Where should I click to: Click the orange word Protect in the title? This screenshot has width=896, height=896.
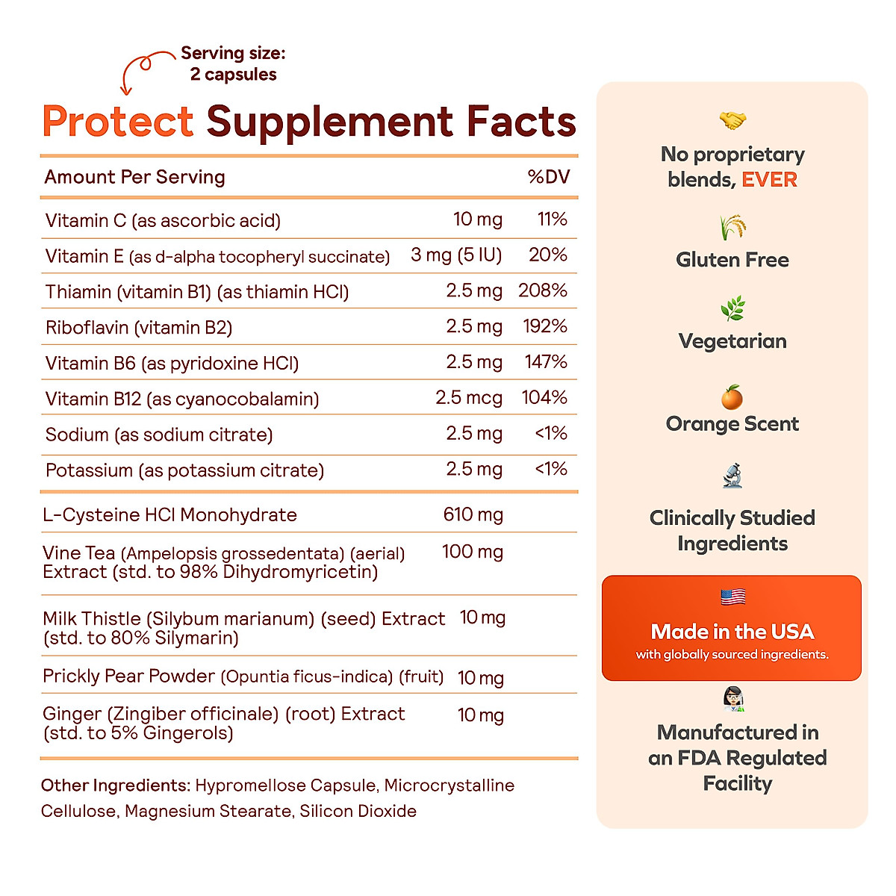click(118, 122)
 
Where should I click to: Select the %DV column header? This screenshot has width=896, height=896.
click(548, 177)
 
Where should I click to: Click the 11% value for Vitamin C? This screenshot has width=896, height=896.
click(552, 220)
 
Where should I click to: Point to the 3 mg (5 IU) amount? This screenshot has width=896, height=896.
click(455, 255)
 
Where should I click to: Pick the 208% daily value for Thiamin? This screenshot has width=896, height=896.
click(542, 290)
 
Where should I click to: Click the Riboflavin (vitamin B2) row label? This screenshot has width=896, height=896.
click(139, 327)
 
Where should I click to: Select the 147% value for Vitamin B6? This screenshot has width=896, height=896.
click(545, 362)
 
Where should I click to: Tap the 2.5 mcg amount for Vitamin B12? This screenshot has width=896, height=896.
click(468, 398)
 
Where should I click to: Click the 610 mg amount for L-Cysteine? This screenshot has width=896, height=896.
click(473, 514)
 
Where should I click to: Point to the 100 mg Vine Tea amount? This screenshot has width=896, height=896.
click(472, 552)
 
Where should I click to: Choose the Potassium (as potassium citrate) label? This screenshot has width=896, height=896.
click(184, 470)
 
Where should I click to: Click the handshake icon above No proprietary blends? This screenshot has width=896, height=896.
click(732, 120)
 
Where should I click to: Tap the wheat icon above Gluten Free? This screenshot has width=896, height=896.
click(732, 227)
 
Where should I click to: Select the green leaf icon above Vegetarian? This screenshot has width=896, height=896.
click(732, 308)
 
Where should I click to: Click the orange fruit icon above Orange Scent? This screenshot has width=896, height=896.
click(732, 397)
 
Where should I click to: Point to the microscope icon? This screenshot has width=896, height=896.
click(732, 476)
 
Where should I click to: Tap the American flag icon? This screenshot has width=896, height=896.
click(732, 597)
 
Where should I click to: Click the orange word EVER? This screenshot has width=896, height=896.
click(769, 180)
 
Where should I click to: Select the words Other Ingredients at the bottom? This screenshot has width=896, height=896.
click(115, 785)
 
